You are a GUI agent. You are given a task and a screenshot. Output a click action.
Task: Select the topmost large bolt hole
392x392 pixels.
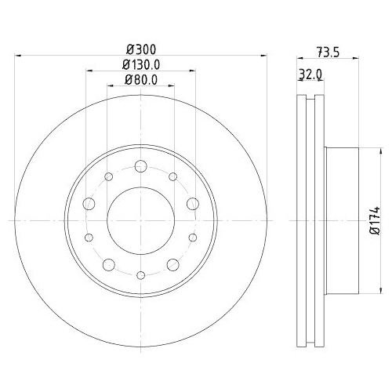pos(140,166)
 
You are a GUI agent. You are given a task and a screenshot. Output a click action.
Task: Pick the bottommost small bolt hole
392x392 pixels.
pos(140,274)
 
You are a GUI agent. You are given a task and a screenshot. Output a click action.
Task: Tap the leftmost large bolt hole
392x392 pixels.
pos(89,204)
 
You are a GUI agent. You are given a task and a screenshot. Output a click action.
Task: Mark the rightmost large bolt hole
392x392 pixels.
pos(192,204)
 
